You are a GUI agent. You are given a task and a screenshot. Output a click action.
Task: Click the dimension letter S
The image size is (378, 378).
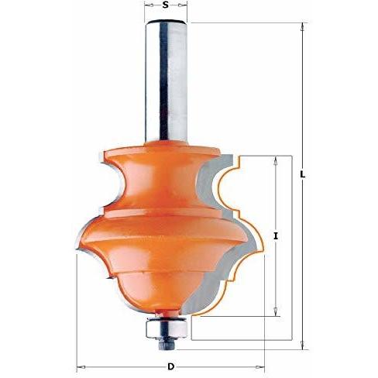(x=166, y=5)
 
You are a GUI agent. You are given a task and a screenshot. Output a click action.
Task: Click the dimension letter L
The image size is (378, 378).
(x=303, y=174)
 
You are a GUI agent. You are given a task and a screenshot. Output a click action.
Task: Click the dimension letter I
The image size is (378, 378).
(x=276, y=236)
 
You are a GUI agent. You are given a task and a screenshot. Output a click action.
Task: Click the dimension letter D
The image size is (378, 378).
(x=170, y=366)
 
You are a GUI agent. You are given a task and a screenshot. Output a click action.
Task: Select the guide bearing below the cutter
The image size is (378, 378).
(x=166, y=328)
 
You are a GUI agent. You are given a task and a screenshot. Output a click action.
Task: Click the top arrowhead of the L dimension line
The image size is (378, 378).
(x=303, y=27)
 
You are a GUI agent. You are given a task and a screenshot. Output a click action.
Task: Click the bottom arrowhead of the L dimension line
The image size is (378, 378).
(x=303, y=345)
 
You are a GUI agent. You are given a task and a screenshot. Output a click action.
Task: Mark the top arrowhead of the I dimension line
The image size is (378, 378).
(x=276, y=160)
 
